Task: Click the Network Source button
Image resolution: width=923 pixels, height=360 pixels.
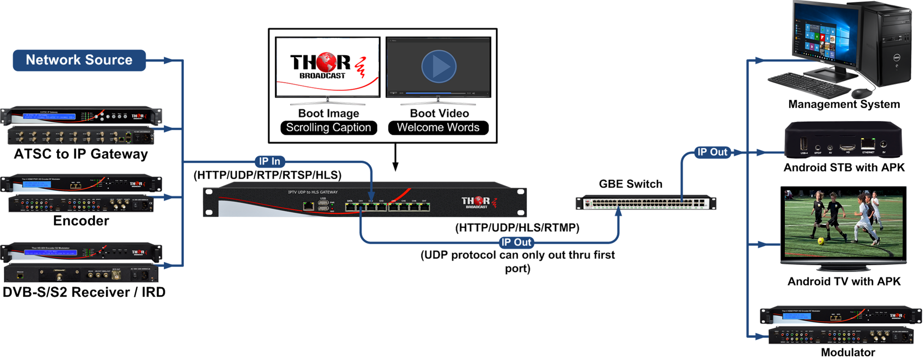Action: [79, 60]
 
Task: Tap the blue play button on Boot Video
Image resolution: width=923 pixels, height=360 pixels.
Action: [439, 67]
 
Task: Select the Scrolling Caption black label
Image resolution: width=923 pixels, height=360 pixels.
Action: [328, 128]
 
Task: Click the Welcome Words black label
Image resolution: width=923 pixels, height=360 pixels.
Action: [438, 128]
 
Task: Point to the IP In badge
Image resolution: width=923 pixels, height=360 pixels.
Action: [270, 161]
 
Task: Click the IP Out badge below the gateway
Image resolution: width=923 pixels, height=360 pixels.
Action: [516, 243]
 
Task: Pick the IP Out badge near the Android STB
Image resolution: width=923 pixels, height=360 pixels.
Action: [712, 152]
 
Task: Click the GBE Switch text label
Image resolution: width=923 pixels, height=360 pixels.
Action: [630, 184]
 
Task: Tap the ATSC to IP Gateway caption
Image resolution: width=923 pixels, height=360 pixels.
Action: [81, 154]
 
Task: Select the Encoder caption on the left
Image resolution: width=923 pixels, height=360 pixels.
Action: [81, 221]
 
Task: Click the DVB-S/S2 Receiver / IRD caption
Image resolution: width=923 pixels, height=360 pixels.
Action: [84, 292]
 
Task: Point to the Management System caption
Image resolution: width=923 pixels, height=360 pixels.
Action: [844, 104]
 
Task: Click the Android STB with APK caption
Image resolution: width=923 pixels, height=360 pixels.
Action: [844, 168]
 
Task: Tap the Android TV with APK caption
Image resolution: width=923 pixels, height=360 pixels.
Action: [844, 281]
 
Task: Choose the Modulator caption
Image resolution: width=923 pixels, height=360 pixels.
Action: [847, 352]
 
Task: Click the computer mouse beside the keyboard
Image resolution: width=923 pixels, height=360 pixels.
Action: [861, 93]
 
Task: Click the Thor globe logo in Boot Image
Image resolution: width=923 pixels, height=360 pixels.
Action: [326, 62]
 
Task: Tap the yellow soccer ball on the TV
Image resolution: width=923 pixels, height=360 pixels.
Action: [821, 241]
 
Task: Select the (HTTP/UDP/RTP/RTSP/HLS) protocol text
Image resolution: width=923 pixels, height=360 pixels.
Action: [267, 175]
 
